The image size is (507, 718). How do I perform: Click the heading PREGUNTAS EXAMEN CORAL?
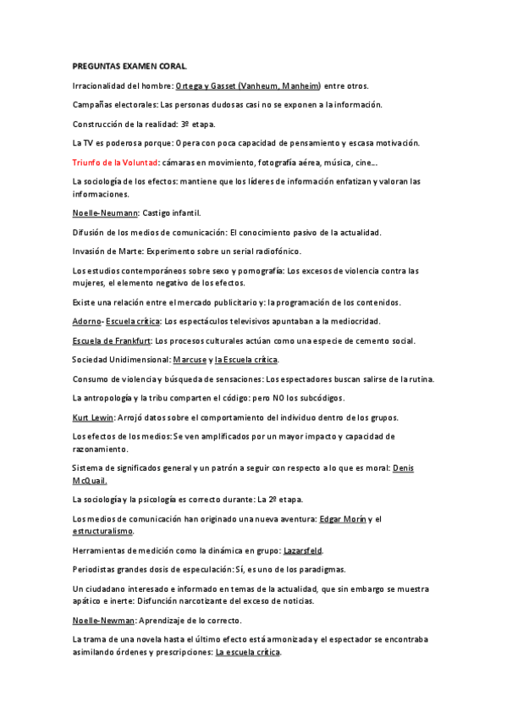click(x=130, y=65)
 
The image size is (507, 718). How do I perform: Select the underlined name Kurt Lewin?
click(x=93, y=417)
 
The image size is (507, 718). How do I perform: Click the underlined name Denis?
click(x=404, y=468)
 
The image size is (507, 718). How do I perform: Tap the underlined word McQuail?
click(x=89, y=480)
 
